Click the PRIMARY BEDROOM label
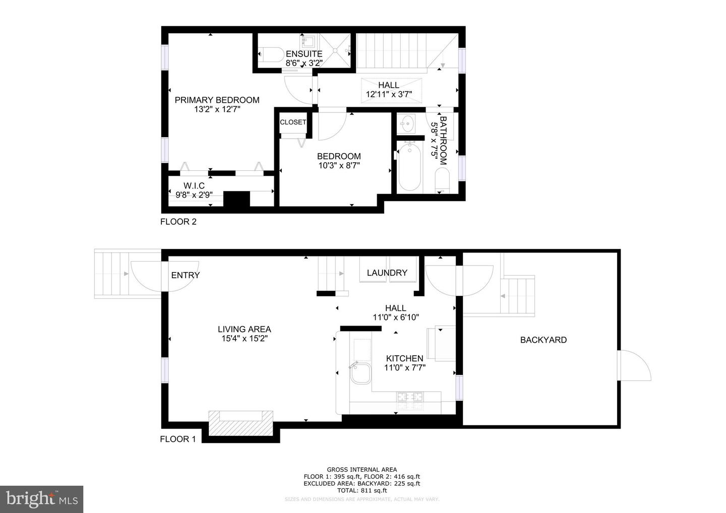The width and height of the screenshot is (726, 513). (x=217, y=100)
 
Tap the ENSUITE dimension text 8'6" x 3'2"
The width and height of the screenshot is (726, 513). (x=304, y=63)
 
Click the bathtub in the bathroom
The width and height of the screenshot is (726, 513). (x=409, y=167)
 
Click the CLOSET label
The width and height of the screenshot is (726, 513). (x=293, y=122)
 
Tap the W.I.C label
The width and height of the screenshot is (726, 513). (x=194, y=186)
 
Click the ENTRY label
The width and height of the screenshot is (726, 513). (x=185, y=275)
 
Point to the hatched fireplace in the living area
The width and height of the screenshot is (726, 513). (x=240, y=423)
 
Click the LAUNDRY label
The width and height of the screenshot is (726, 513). (x=387, y=273)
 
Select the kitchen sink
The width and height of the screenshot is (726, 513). (x=359, y=374)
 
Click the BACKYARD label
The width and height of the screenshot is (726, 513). (x=543, y=340)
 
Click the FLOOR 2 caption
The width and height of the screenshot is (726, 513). (x=178, y=221)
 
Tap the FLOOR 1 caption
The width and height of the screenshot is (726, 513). (x=177, y=439)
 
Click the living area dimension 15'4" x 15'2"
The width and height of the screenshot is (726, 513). (x=244, y=339)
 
